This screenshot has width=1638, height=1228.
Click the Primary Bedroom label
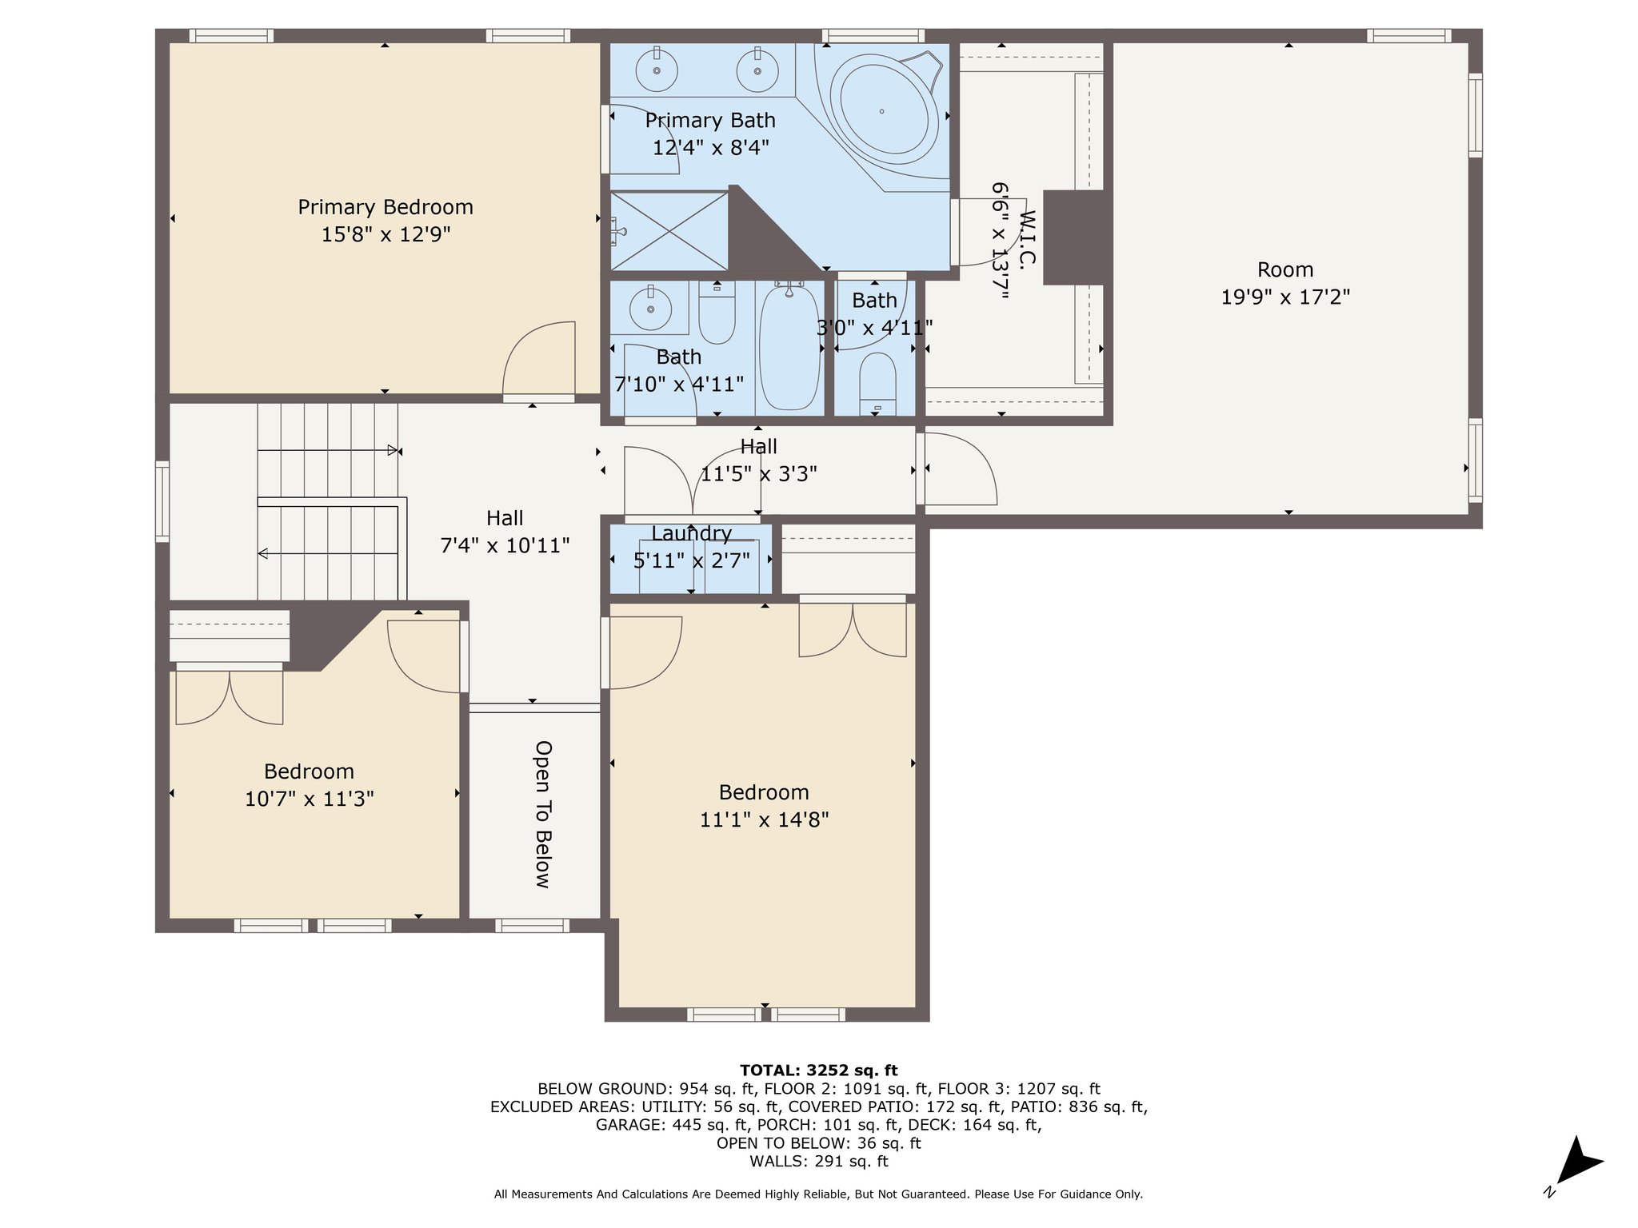tap(386, 207)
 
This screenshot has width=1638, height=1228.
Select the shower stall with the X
tap(669, 231)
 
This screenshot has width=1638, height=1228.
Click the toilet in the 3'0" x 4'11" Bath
tap(877, 383)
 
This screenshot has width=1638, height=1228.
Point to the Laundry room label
tap(691, 533)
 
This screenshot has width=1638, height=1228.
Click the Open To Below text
tap(544, 814)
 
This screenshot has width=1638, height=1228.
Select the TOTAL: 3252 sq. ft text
tap(818, 1071)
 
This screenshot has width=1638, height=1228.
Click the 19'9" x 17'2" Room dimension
tap(1285, 297)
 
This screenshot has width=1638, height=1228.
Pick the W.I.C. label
tap(1028, 246)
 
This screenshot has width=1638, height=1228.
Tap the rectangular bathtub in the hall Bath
tap(789, 347)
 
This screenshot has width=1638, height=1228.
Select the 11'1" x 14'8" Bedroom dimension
tap(764, 819)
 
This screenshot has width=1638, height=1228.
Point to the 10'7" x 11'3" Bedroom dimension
tap(310, 799)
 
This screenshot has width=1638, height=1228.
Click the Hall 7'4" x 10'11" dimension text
tap(505, 545)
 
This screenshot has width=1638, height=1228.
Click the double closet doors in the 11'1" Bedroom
tap(853, 630)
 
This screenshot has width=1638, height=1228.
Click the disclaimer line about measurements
tap(818, 1194)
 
